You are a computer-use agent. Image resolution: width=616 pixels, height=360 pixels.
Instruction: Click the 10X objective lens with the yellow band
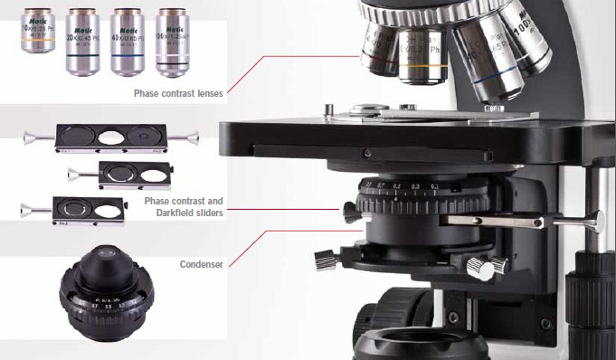coord(37,40)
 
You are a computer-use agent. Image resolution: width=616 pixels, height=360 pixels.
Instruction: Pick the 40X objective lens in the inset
coord(127,40)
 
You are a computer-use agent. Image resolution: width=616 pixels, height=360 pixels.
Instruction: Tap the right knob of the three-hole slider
coord(190,137)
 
